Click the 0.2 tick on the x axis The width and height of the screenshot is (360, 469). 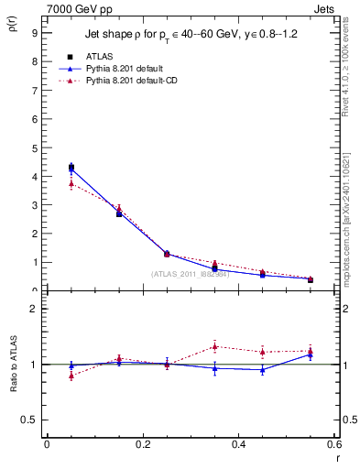pyautogui.click(x=142, y=444)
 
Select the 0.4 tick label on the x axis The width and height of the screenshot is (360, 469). pyautogui.click(x=238, y=444)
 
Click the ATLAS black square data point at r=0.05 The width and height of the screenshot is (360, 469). pyautogui.click(x=71, y=167)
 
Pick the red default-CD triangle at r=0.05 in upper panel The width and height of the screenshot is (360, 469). pyautogui.click(x=71, y=184)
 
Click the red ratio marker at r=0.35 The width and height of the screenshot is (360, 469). pyautogui.click(x=214, y=345)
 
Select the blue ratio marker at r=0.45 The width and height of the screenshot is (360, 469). pyautogui.click(x=263, y=369)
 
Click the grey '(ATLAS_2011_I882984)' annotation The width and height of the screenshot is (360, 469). pyautogui.click(x=191, y=274)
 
